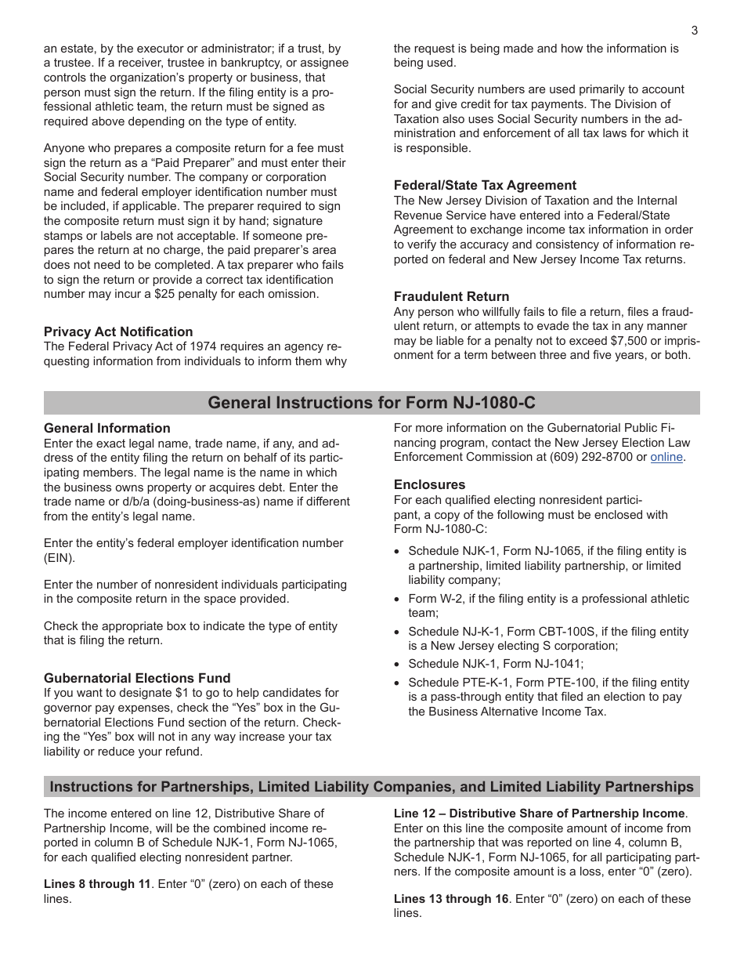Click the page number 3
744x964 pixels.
point(694,31)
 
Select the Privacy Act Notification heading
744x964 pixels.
point(118,332)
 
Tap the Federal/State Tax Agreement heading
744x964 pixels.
point(485,186)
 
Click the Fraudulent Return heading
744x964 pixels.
point(451,297)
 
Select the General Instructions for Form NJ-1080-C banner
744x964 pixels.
point(371,403)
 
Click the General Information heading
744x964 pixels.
point(107,429)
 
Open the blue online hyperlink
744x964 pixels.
point(666,458)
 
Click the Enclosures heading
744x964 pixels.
point(429,485)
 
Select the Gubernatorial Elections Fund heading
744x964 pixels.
point(137,679)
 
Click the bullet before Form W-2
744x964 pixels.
point(398,600)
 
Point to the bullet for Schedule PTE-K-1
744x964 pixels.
point(398,683)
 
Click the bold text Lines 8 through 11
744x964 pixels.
point(96,884)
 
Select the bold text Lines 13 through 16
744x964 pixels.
point(450,899)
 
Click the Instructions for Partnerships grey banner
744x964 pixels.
point(371,787)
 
